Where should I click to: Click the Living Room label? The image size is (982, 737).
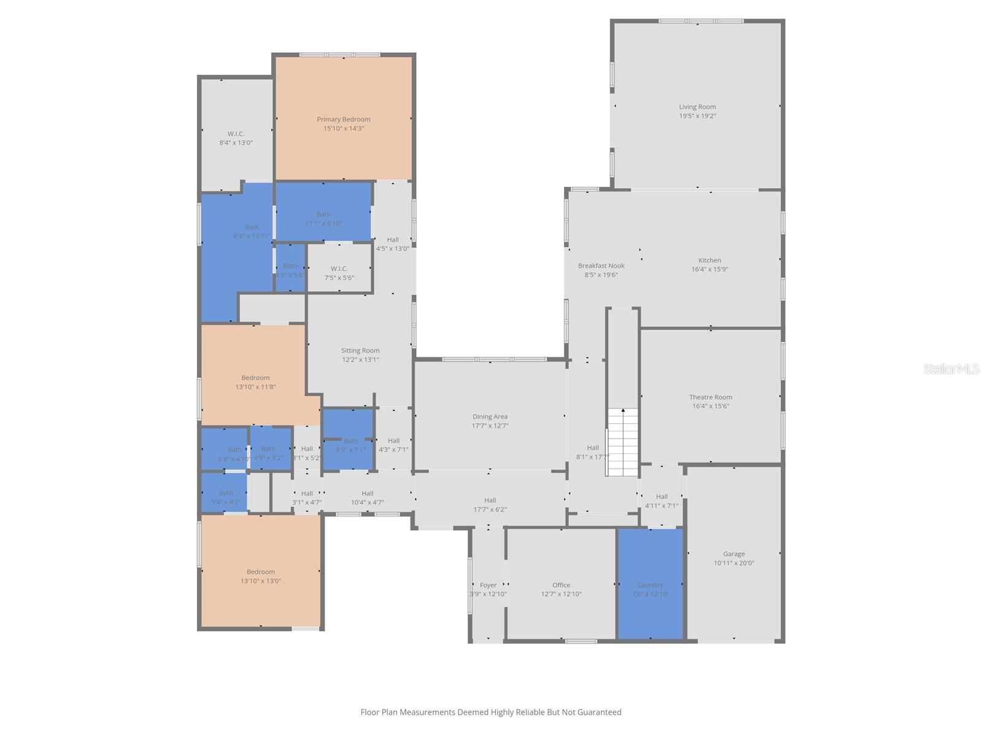pyautogui.click(x=697, y=107)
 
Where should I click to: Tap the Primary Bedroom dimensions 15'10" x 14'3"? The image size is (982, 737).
pyautogui.click(x=344, y=128)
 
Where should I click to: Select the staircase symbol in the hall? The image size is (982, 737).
pyautogui.click(x=622, y=442)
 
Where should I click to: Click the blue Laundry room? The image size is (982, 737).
pyautogui.click(x=650, y=583)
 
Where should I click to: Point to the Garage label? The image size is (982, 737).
pyautogui.click(x=733, y=554)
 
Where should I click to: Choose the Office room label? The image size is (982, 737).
pyautogui.click(x=561, y=585)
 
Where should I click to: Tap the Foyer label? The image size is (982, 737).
pyautogui.click(x=488, y=585)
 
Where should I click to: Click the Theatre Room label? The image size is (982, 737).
pyautogui.click(x=710, y=397)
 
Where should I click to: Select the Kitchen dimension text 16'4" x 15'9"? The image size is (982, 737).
pyautogui.click(x=709, y=269)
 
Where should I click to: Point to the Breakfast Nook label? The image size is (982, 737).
pyautogui.click(x=601, y=266)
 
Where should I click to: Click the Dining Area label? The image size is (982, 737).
pyautogui.click(x=490, y=417)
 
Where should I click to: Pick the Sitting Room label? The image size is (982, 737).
pyautogui.click(x=360, y=351)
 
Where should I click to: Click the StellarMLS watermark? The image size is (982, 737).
pyautogui.click(x=951, y=368)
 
